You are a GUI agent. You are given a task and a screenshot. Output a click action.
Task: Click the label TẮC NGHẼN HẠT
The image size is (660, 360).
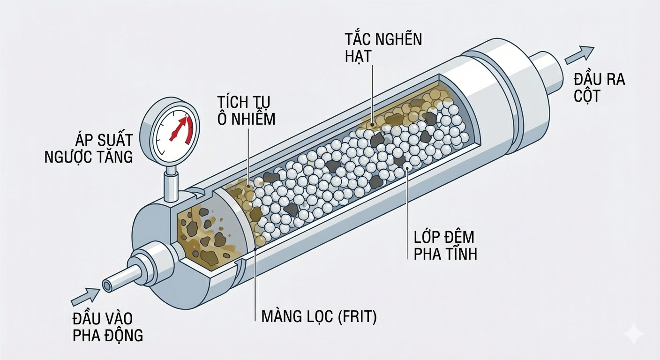tap(383, 47)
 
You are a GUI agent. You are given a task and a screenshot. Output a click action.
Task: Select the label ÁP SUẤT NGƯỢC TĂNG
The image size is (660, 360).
tap(89, 148)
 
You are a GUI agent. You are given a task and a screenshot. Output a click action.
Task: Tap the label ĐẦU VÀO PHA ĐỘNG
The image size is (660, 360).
tap(107, 327)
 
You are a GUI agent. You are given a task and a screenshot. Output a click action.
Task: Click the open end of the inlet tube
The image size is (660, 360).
tap(107, 285)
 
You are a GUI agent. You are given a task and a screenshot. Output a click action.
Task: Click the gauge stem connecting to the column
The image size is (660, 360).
tap(171, 183)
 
